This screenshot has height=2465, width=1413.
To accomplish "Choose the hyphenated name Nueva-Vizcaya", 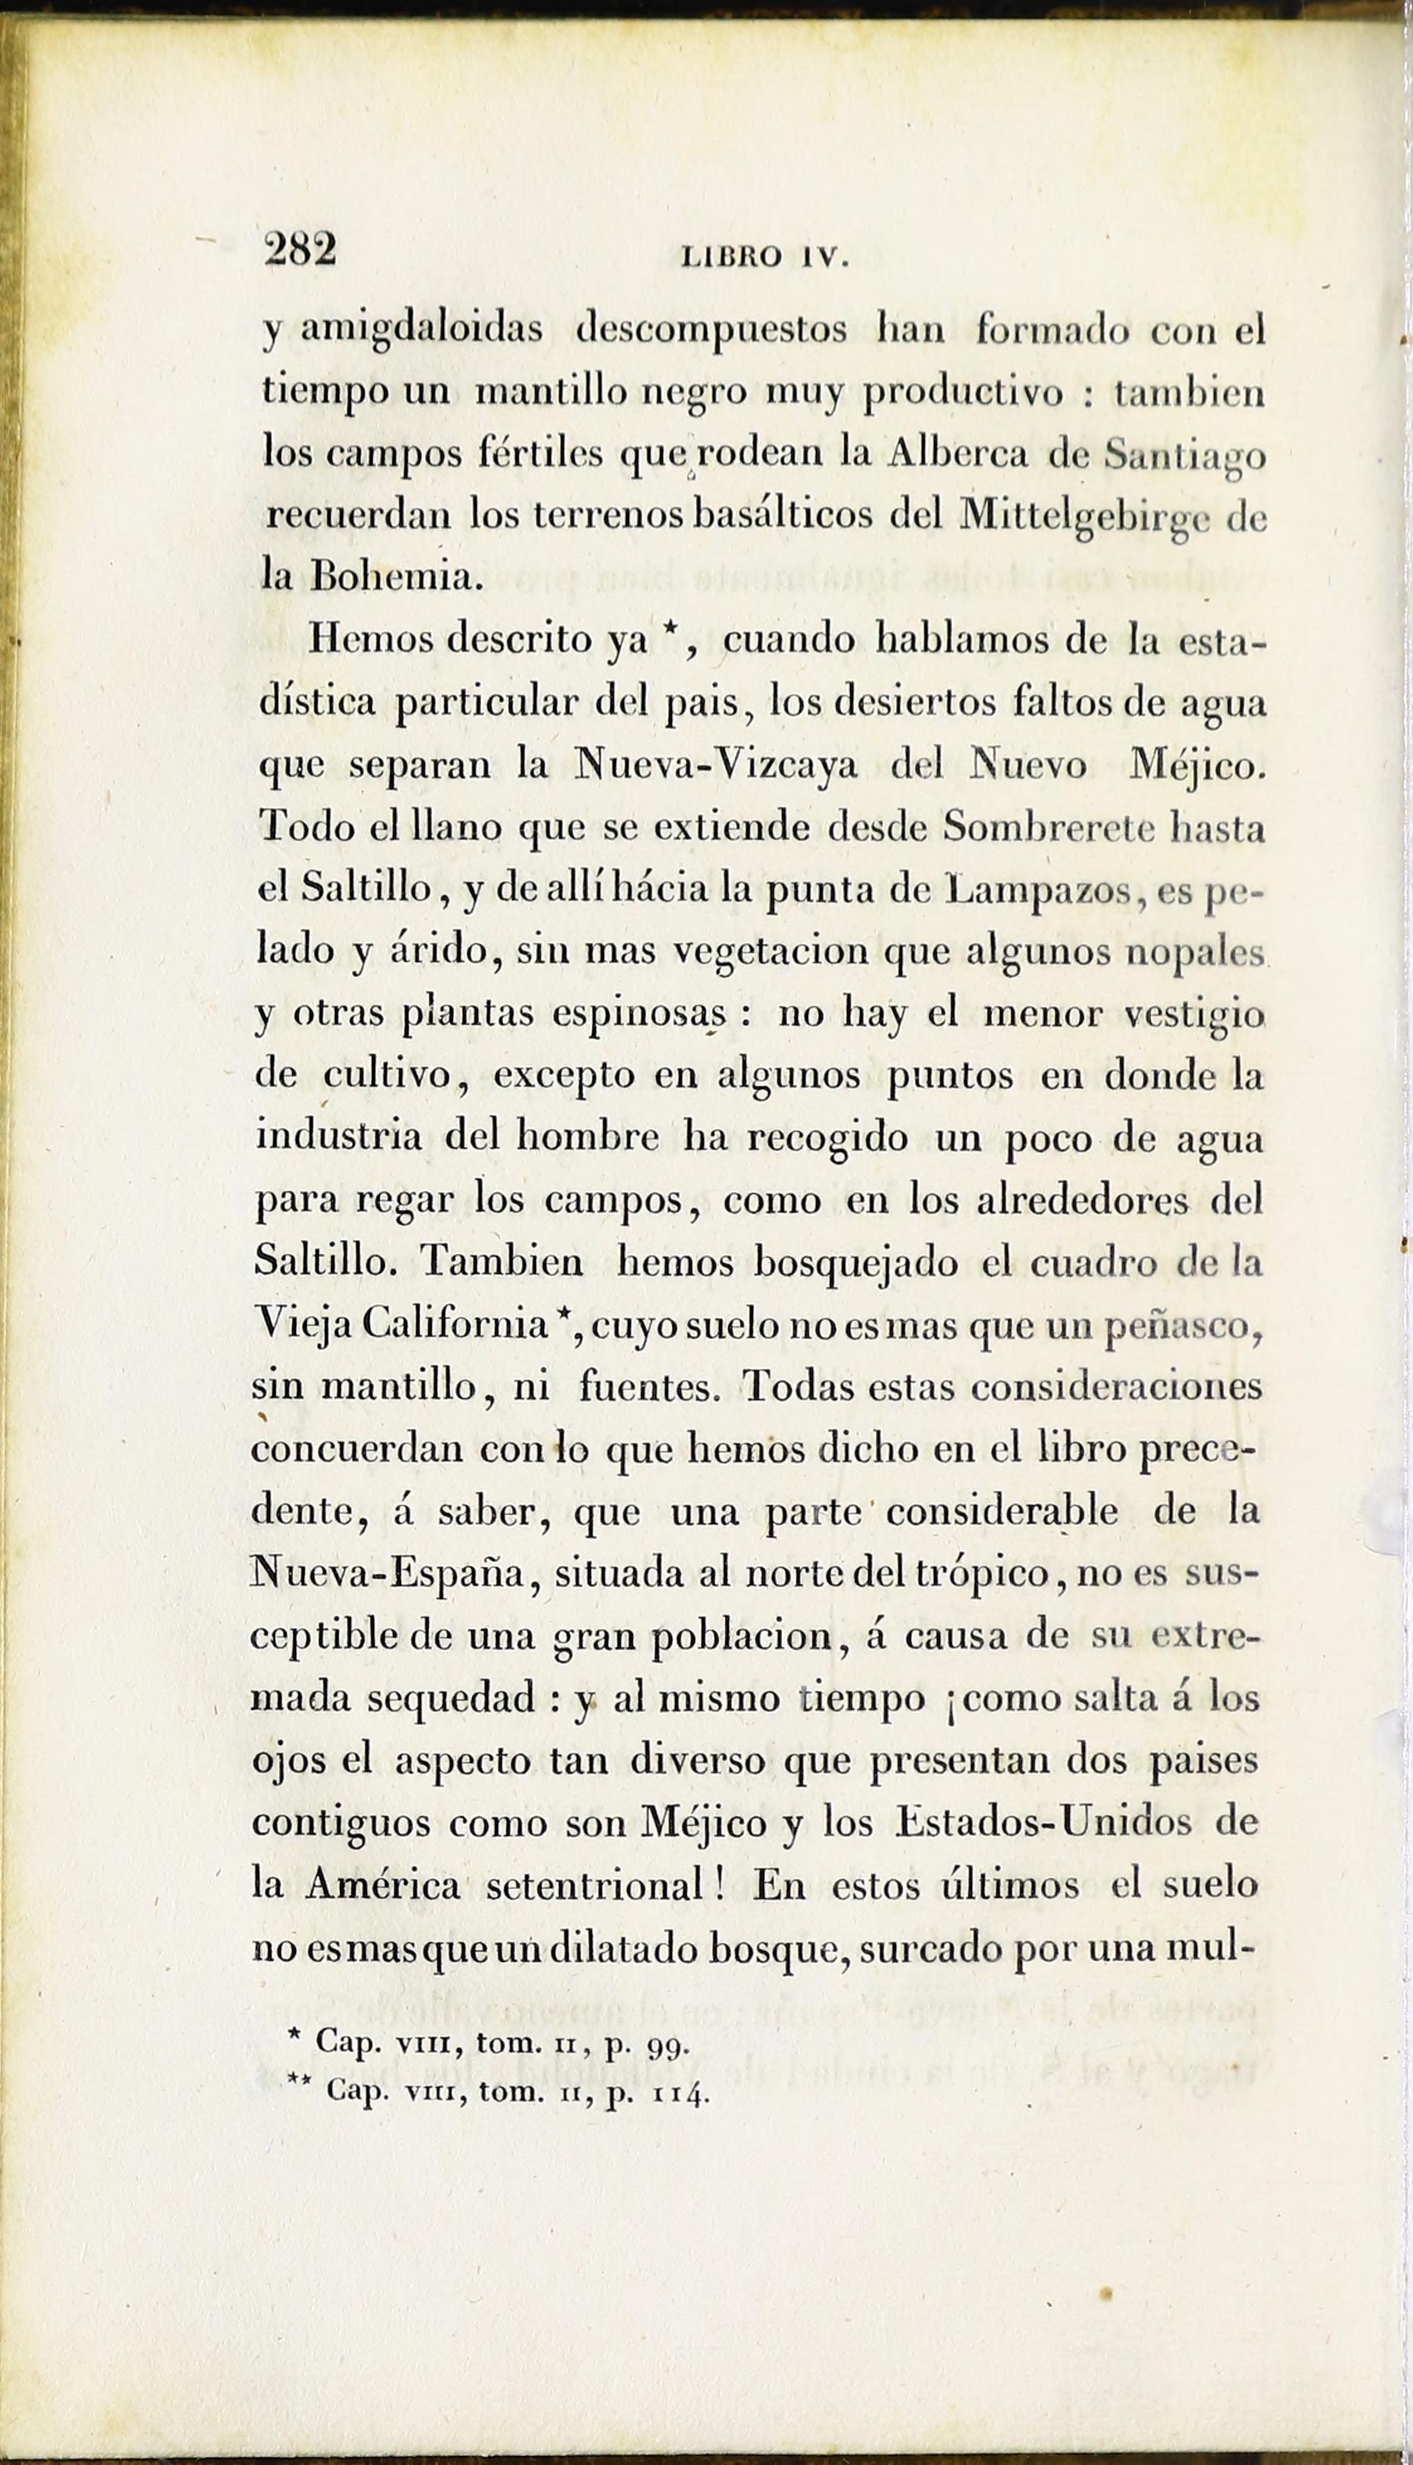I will point(716,766).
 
